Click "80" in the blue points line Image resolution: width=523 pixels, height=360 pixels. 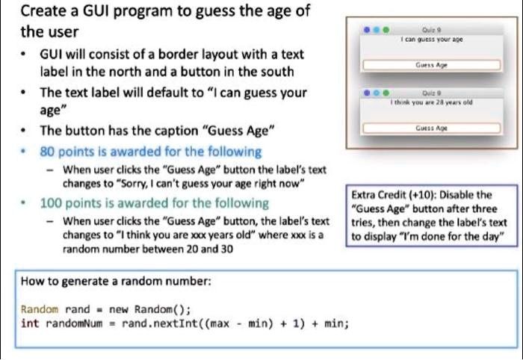pyautogui.click(x=49, y=152)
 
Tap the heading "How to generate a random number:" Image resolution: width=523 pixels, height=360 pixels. pyautogui.click(x=116, y=282)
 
